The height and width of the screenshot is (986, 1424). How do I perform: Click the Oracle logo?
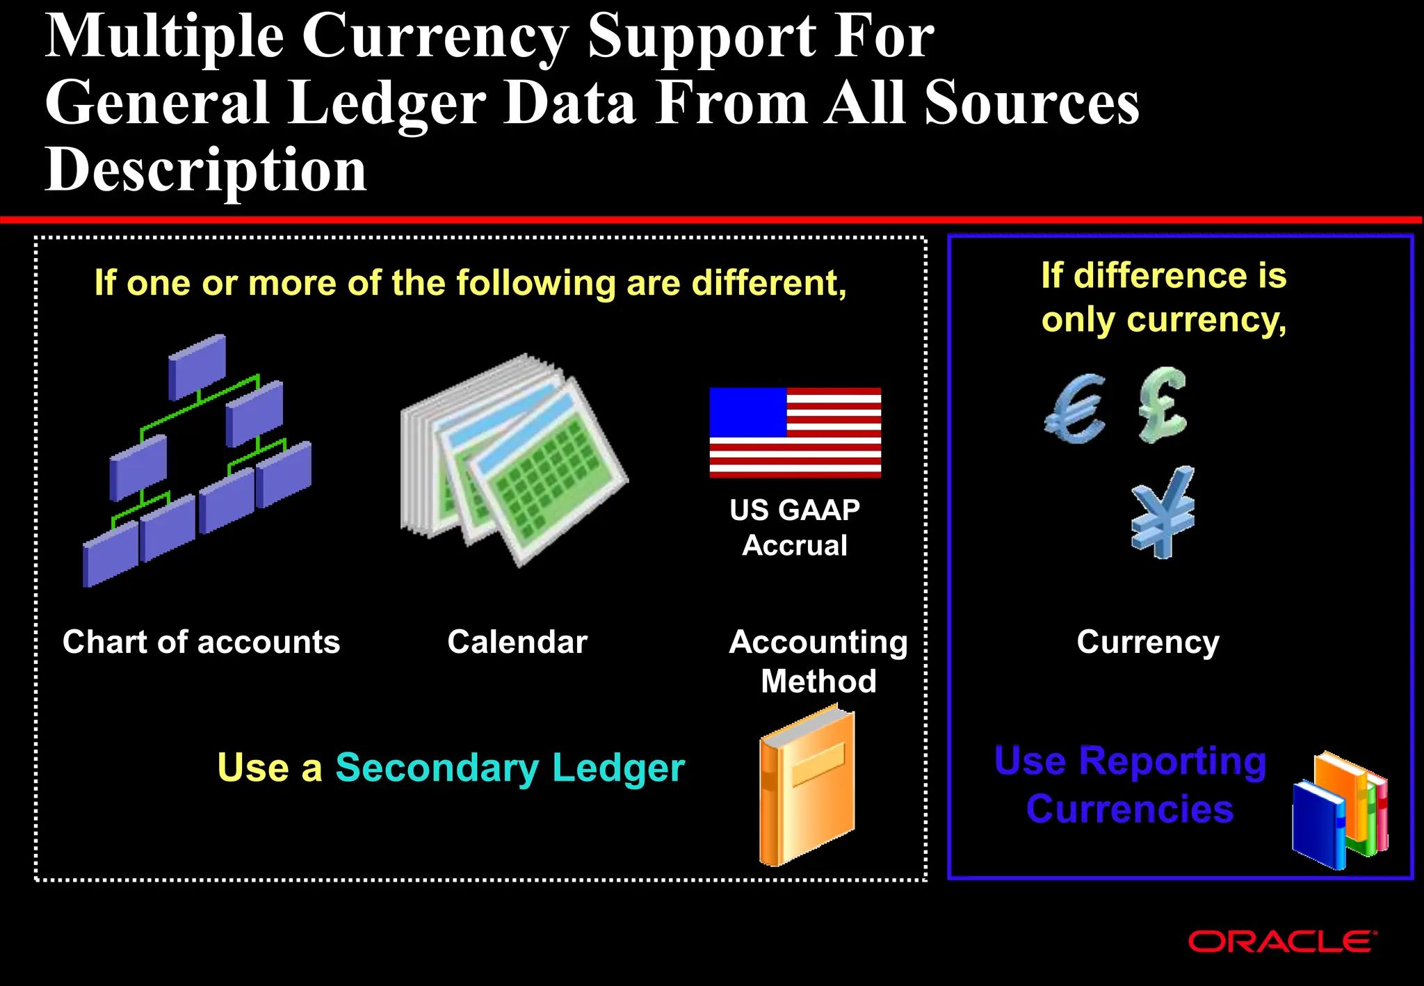pyautogui.click(x=1281, y=941)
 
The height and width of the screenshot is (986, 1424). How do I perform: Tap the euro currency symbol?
pyautogui.click(x=1075, y=410)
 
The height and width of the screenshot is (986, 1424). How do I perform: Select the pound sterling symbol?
pyautogui.click(x=1162, y=405)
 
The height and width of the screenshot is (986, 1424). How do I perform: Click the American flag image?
pyautogui.click(x=795, y=433)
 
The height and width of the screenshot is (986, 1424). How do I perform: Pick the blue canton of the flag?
pyautogui.click(x=747, y=412)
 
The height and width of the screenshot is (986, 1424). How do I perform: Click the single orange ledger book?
pyautogui.click(x=807, y=786)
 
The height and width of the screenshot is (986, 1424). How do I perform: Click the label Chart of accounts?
pyautogui.click(x=201, y=642)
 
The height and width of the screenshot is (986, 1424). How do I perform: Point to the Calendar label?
pyautogui.click(x=517, y=642)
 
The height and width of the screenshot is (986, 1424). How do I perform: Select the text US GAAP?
pyautogui.click(x=795, y=510)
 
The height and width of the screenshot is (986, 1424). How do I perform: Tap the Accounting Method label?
pyautogui.click(x=818, y=661)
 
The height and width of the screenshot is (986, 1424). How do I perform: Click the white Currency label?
pyautogui.click(x=1148, y=642)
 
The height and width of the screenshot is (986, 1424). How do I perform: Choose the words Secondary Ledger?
pyautogui.click(x=510, y=768)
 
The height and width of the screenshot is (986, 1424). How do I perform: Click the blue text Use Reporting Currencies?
pyautogui.click(x=1130, y=784)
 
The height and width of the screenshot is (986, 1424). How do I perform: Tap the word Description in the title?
pyautogui.click(x=206, y=170)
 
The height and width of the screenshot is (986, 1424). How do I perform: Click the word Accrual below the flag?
pyautogui.click(x=795, y=546)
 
